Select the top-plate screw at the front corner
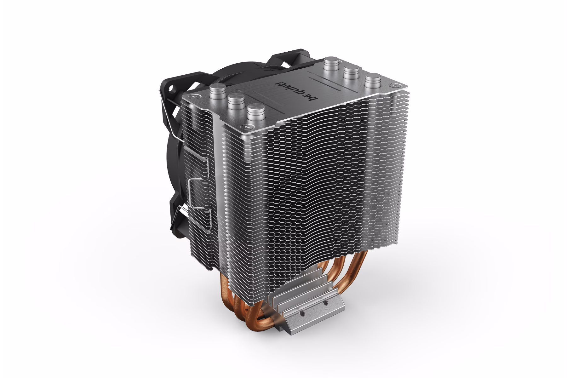(x=245, y=127)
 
